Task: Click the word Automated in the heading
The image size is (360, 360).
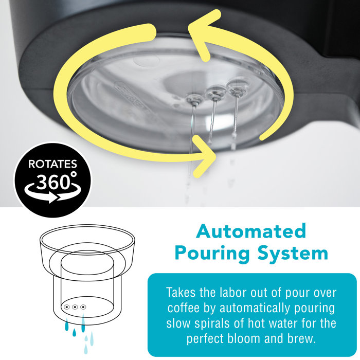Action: pos(251,231)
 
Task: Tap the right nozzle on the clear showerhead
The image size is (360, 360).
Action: pos(236,91)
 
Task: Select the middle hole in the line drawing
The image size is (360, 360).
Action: pos(75,308)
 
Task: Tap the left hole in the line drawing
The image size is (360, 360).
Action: pos(66,308)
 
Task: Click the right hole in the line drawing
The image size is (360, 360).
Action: pos(84,308)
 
